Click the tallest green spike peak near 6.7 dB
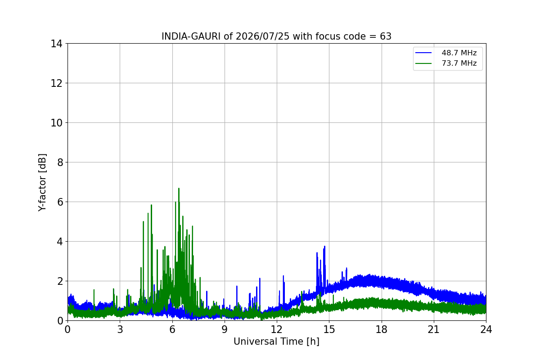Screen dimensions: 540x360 pos(179,189)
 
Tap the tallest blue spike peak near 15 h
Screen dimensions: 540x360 pos(325,247)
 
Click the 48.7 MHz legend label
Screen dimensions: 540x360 pos(459,53)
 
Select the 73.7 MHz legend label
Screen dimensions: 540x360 pos(459,63)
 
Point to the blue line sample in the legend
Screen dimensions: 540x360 pos(423,53)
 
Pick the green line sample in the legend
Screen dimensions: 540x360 pos(423,63)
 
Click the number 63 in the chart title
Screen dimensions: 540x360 pos(386,36)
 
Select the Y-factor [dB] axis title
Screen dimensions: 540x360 pos(42,183)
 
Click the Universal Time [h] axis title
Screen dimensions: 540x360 pos(276,342)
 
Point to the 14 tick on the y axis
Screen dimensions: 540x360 pos(56,44)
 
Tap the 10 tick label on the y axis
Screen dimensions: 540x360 pos(56,123)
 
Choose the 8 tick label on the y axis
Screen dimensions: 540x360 pos(60,162)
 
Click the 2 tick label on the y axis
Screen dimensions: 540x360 pos(60,281)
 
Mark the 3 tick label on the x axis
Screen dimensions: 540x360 pos(120,329)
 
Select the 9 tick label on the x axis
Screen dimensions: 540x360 pos(225,329)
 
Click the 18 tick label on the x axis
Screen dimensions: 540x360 pos(382,329)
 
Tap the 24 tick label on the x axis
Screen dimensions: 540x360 pos(486,329)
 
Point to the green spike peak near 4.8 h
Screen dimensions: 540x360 pos(151,205)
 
